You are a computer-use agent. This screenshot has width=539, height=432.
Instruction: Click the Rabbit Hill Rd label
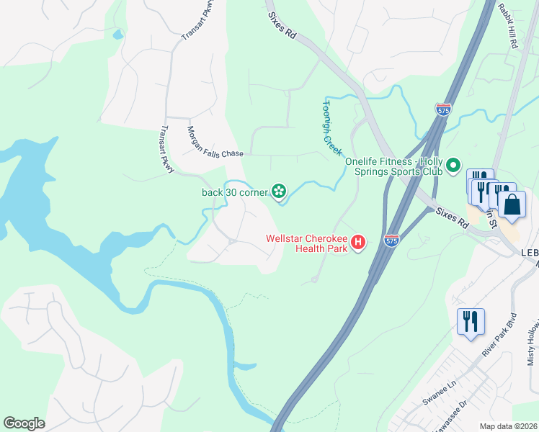(507, 26)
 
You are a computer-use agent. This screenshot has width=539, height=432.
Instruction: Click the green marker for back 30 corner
(279, 192)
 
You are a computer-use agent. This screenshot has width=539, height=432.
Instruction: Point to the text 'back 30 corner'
(234, 192)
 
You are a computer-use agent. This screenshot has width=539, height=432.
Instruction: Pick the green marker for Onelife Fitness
(453, 166)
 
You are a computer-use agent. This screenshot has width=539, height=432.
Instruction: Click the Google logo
(24, 423)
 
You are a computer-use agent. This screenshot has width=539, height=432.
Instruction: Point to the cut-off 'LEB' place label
(529, 253)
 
